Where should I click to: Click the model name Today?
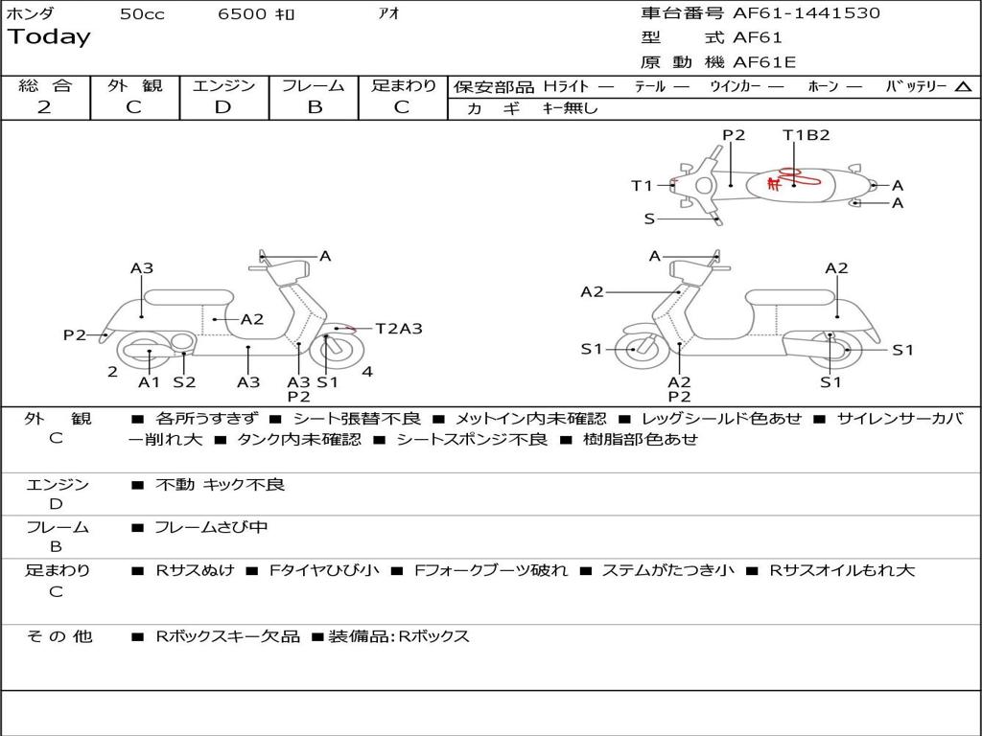(x=49, y=37)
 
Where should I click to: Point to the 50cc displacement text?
(x=142, y=14)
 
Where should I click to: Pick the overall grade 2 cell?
(x=44, y=107)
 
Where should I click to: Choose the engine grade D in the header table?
(x=222, y=107)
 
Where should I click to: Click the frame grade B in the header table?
(x=314, y=107)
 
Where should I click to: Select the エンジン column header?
(x=223, y=86)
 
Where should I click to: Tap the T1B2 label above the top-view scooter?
(x=806, y=135)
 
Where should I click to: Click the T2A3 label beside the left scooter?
(x=399, y=329)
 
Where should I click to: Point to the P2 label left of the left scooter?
(x=75, y=334)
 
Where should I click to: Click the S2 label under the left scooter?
(x=184, y=382)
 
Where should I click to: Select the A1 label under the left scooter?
(x=149, y=382)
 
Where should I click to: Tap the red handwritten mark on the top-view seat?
(x=783, y=179)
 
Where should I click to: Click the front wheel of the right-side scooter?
(x=636, y=349)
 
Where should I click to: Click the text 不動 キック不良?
(x=220, y=485)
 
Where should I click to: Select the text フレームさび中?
(x=211, y=527)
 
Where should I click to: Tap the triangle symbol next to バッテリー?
(x=964, y=87)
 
